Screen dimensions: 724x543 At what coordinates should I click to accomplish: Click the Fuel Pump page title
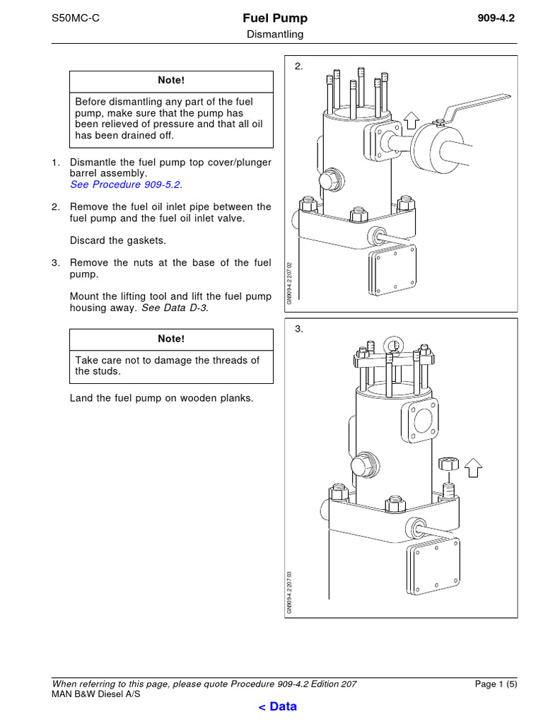tap(275, 18)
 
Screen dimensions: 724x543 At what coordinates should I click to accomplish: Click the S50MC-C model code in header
tap(76, 18)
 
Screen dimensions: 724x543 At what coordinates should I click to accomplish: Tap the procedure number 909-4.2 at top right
tap(496, 18)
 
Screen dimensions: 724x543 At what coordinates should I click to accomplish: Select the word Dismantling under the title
tap(275, 34)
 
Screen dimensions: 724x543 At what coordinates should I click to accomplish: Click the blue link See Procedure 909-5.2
tap(126, 184)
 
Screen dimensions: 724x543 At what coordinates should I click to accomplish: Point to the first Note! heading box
tap(170, 81)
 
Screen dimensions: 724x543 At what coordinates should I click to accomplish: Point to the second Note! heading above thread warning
tap(170, 339)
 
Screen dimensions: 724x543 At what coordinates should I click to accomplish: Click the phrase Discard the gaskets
tap(118, 240)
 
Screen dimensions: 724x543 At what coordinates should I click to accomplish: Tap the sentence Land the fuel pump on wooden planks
tap(161, 398)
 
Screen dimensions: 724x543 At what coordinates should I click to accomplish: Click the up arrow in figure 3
tap(474, 467)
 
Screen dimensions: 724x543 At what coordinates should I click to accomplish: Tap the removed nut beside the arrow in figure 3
tap(447, 465)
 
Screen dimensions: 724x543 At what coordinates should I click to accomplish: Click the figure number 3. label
tap(299, 329)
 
